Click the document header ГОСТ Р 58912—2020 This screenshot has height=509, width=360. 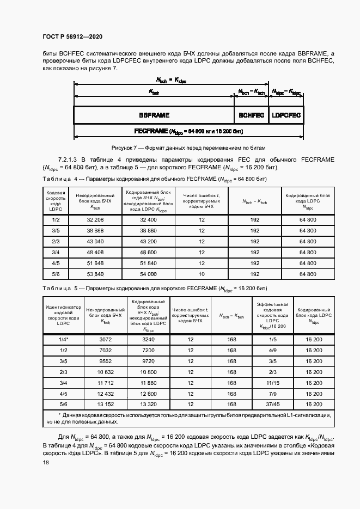click(72, 37)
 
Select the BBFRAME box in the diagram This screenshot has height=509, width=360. click(154, 115)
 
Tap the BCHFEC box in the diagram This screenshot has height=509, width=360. click(252, 115)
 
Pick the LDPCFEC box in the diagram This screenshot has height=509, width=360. click(286, 115)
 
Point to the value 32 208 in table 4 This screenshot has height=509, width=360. click(95, 220)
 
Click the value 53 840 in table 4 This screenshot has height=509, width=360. click(95, 274)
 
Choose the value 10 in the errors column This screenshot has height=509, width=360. click(202, 274)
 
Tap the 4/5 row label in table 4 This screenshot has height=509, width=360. click(56, 263)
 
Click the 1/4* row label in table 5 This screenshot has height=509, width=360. click(63, 339)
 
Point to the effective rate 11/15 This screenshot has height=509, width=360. click(273, 383)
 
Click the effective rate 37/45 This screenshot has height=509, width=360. click(273, 404)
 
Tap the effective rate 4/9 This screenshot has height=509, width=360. click(273, 350)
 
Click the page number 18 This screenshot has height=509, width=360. click(46, 462)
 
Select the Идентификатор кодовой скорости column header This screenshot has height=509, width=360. click(63, 315)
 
